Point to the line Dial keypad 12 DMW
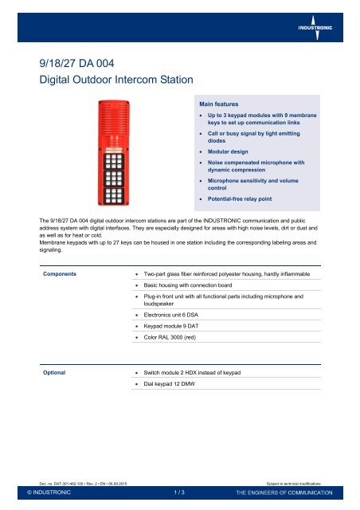(180, 386)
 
